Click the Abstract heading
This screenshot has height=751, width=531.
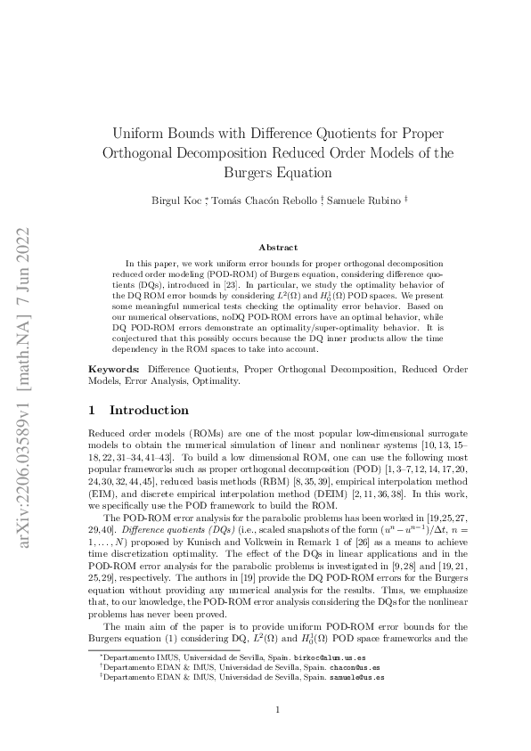(278, 247)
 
